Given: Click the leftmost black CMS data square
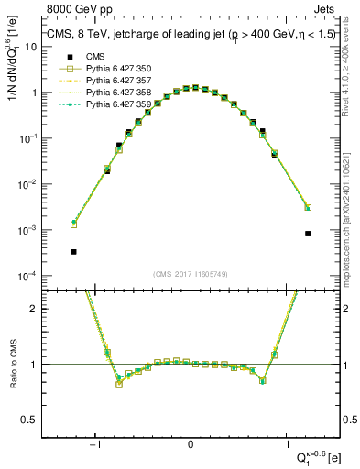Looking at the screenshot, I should click(73, 251).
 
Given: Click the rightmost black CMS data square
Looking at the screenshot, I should click(308, 234).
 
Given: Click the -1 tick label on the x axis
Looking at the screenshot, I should click(95, 445).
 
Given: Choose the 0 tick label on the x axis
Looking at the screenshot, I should click(191, 445).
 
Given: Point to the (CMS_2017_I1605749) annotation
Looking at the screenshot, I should click(190, 273).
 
